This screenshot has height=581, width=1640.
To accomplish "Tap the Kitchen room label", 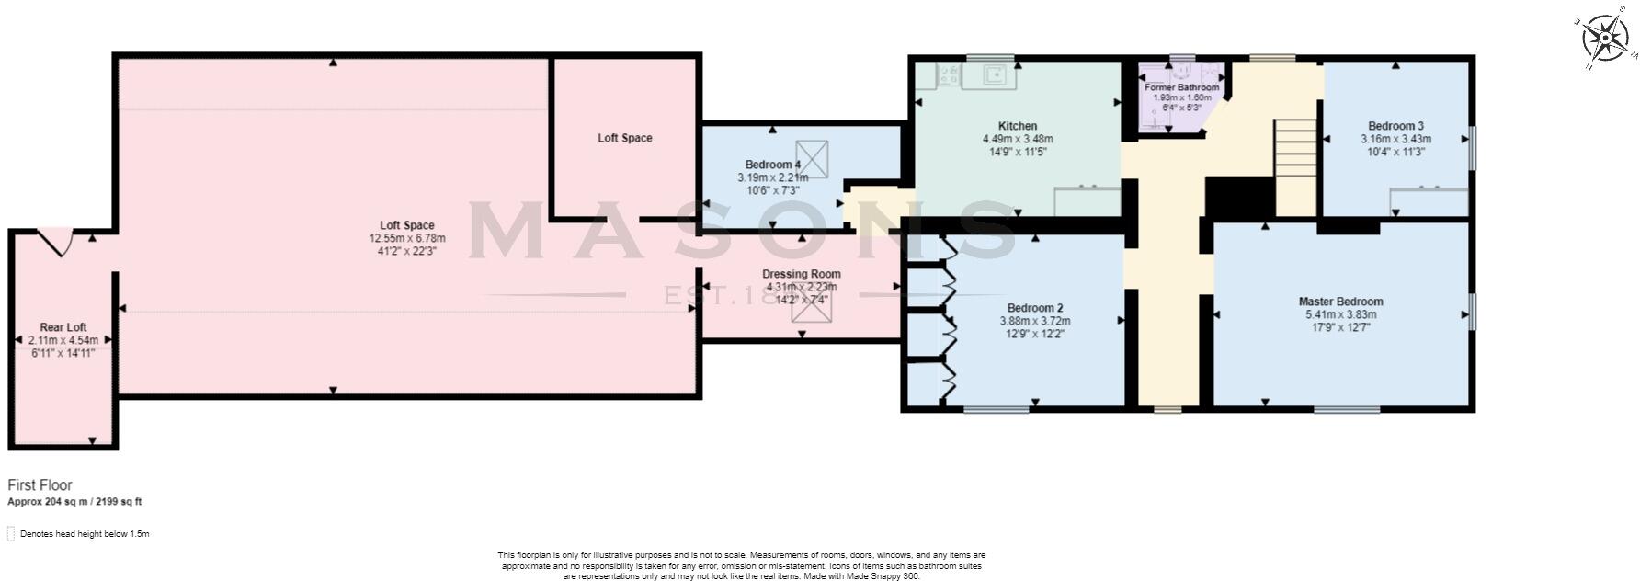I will click(x=1017, y=126).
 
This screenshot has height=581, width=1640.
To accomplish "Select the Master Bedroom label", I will click(x=1340, y=302).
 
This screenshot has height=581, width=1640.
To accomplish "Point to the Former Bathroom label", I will click(x=1181, y=87).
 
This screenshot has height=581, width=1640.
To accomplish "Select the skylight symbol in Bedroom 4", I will click(x=811, y=157).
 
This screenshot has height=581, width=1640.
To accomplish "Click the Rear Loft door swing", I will click(x=57, y=242).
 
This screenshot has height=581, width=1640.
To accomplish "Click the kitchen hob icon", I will click(x=947, y=76).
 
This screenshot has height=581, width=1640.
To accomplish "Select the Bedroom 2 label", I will click(x=1035, y=308).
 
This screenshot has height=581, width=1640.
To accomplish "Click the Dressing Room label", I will click(x=801, y=274).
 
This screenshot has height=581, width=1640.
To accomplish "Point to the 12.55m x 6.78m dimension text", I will click(x=407, y=238).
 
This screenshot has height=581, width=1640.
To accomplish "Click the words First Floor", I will click(x=40, y=484).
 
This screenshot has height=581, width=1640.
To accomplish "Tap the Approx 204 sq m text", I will click(x=74, y=502).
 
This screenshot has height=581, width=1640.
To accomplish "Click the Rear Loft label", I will click(x=63, y=327).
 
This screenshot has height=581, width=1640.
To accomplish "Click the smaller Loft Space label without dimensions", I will click(x=624, y=138).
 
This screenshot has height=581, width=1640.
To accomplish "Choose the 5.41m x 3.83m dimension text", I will click(x=1340, y=314).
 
